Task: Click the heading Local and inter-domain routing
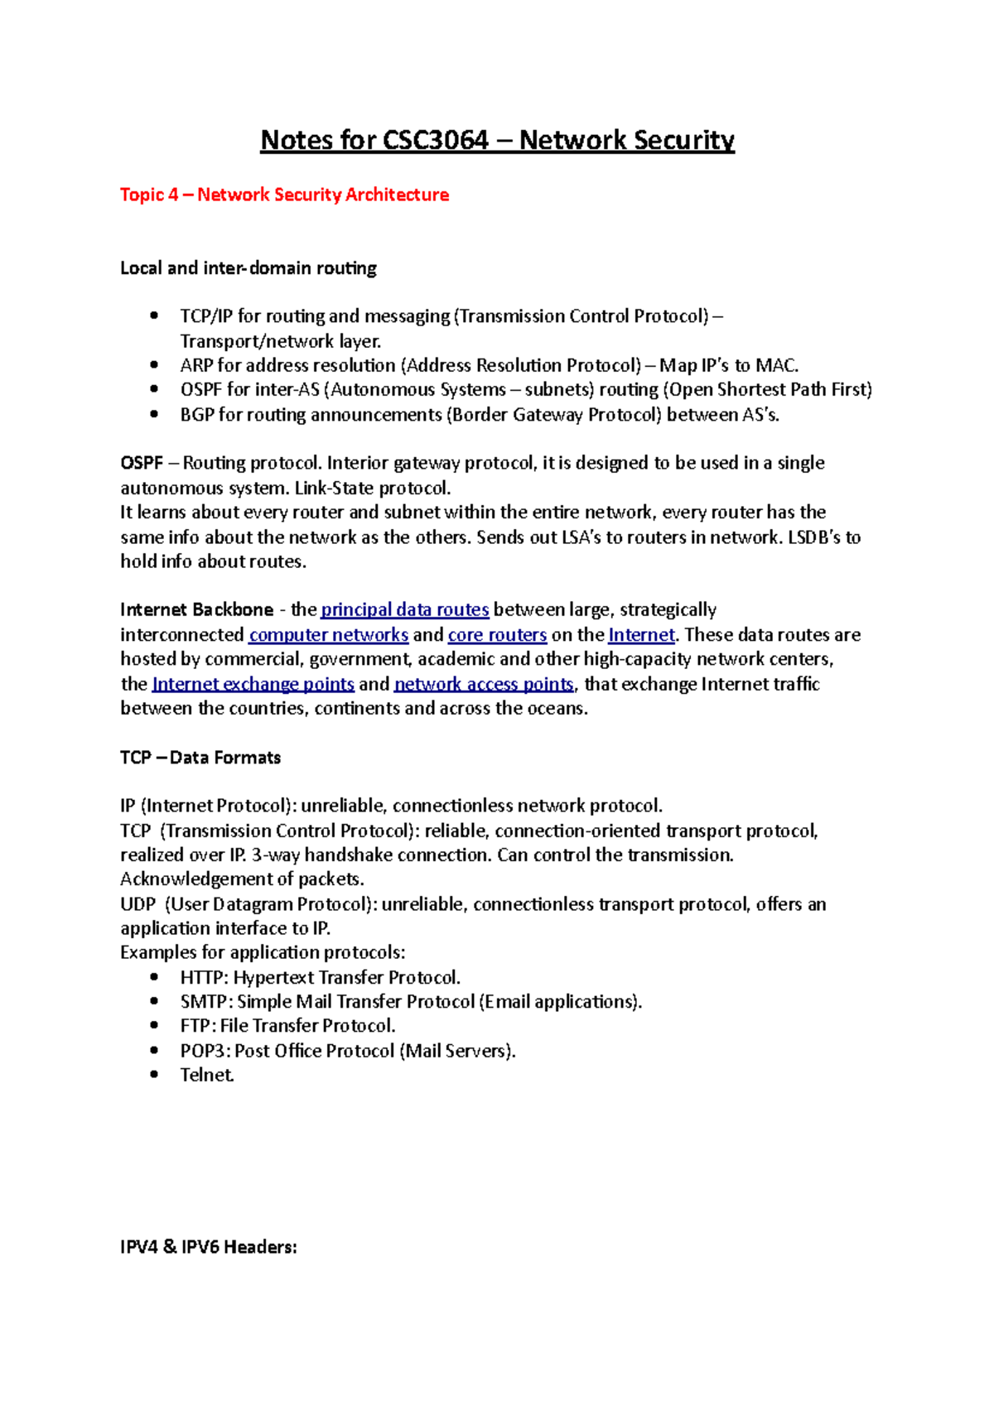tap(248, 268)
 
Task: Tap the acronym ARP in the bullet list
tap(196, 365)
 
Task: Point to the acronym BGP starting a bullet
tap(197, 415)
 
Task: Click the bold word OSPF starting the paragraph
tap(142, 463)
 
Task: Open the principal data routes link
tap(404, 610)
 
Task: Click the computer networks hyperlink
tap(328, 635)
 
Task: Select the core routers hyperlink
tap(497, 635)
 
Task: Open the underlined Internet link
tap(641, 635)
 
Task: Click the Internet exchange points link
tap(253, 684)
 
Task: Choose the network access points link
tap(484, 684)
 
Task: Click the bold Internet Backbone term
tap(196, 610)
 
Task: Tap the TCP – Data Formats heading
tap(200, 758)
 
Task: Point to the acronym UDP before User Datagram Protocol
tap(137, 904)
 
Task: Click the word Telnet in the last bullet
tap(207, 1075)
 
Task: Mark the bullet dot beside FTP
tap(154, 1026)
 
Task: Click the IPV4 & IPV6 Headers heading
tap(208, 1247)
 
